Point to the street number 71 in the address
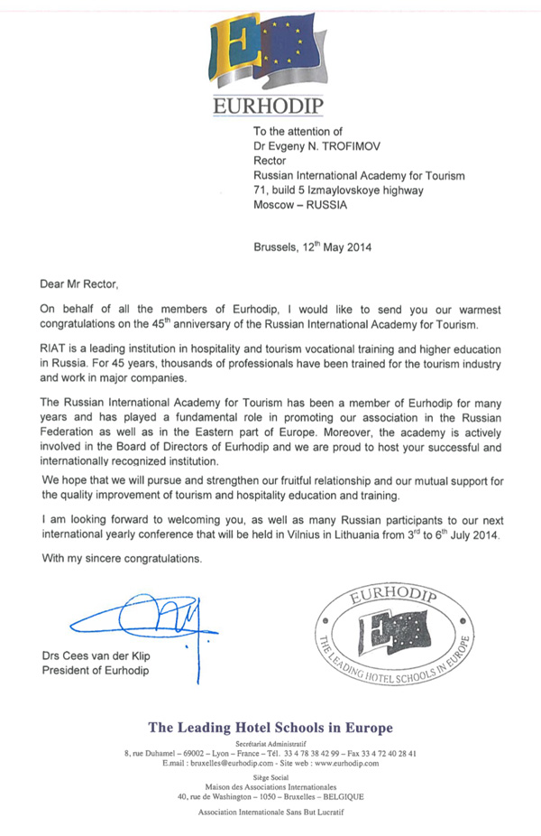tap(260, 190)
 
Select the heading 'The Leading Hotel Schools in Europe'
tap(270, 728)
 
